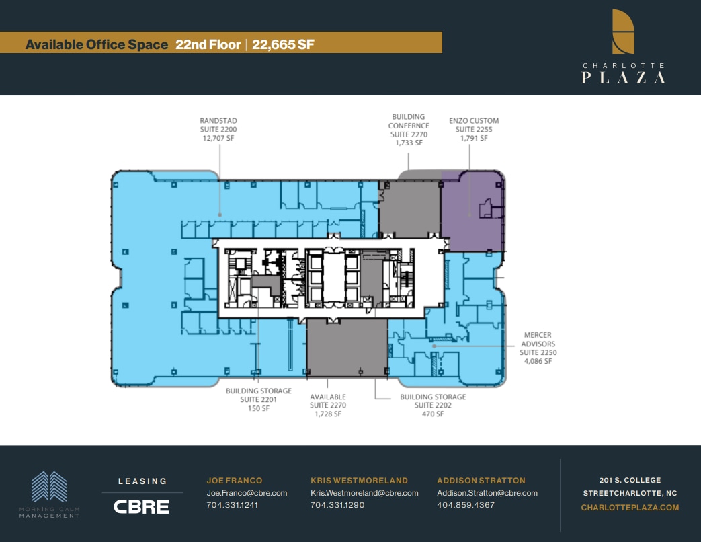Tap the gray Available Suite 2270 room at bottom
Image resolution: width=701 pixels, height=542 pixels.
pos(347,348)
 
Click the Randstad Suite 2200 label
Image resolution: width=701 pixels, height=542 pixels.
pos(218,129)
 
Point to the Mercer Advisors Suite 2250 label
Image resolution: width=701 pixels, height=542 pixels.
pos(538,348)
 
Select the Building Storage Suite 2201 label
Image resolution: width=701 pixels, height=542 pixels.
pos(259,399)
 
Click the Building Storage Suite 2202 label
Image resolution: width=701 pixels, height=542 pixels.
pos(432,405)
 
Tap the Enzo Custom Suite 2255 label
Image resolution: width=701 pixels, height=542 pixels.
pos(474,129)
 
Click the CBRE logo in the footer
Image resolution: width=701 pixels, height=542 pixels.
pos(141,506)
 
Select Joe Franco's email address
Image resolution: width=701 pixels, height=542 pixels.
pos(247,493)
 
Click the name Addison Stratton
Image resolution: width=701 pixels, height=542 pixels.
pos(481,481)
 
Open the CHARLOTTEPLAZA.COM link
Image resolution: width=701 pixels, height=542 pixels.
pos(630,508)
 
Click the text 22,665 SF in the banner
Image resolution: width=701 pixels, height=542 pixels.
pos(284,44)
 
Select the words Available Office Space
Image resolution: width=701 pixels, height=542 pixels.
pos(96,44)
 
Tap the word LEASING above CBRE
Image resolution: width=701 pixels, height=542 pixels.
pos(142,481)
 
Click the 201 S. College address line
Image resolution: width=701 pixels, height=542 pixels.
pos(630,480)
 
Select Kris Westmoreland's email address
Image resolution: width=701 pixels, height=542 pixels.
pos(364,493)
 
